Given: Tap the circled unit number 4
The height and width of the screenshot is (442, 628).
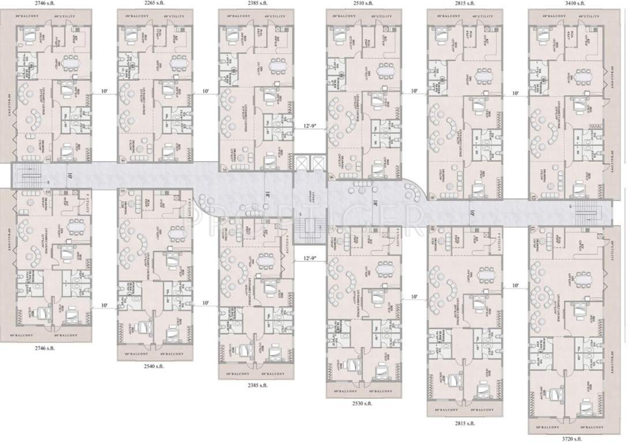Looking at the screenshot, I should coord(122,159).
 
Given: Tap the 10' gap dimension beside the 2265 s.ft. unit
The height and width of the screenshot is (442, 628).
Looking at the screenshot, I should coord(206,92).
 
